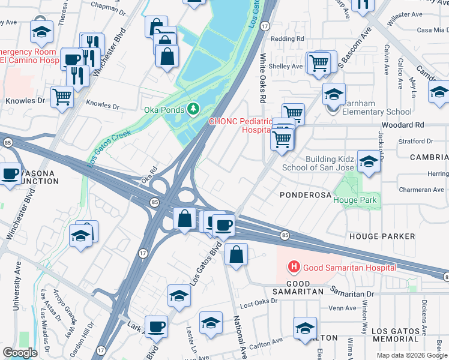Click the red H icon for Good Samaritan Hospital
294,266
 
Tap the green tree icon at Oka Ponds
193,109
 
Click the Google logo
20,353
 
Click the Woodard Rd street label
420,125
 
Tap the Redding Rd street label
288,38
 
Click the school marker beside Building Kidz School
369,161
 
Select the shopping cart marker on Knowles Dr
62,96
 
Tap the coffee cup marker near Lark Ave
156,326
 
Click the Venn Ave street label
343,308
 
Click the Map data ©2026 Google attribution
412,355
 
